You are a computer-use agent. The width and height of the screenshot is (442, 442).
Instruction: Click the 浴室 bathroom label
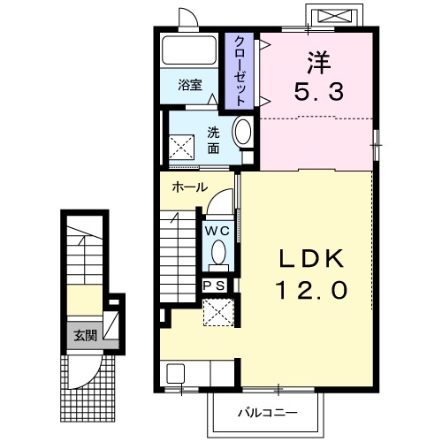point(190,85)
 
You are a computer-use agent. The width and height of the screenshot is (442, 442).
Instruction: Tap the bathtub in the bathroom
point(189,50)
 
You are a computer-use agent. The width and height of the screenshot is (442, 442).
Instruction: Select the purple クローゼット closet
point(240,71)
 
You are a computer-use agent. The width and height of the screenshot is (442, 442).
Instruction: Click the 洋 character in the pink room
point(319,63)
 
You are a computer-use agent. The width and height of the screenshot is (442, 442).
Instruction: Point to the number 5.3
point(319,91)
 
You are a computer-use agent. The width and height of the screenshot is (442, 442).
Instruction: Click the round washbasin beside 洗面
point(243,130)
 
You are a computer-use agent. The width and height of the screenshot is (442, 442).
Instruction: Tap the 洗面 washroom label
point(213,141)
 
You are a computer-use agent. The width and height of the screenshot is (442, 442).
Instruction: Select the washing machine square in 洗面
point(181,147)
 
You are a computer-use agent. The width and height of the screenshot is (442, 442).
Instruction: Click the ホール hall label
point(190,187)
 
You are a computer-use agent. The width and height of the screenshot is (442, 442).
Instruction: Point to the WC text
point(217,231)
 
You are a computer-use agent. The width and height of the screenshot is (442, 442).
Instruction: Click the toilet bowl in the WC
point(218,252)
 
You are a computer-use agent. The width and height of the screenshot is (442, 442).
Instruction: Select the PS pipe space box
point(215,286)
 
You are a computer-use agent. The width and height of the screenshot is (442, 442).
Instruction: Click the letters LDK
point(311,258)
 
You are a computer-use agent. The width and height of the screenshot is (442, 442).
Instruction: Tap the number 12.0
point(311,290)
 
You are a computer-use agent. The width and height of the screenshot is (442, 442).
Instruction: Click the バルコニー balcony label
point(268,413)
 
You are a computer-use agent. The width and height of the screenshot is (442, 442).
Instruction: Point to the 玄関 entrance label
point(85,335)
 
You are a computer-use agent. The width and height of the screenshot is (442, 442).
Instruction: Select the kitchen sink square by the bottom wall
point(176,374)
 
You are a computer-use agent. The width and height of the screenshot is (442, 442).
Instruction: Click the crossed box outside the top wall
point(335,16)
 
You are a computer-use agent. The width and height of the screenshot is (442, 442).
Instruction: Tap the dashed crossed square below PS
point(218,313)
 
